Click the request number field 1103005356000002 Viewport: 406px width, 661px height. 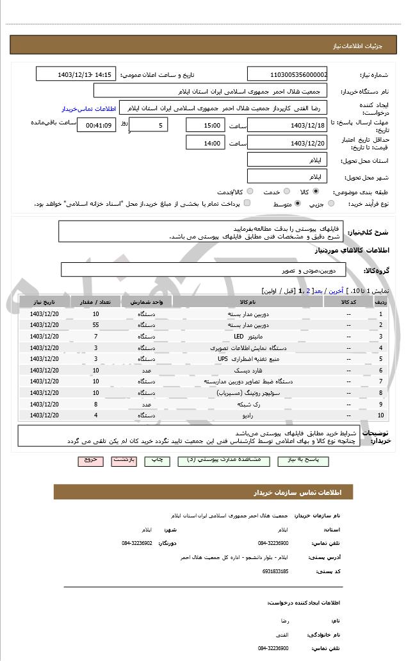[x=287, y=74]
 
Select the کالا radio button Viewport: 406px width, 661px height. [x=315, y=191]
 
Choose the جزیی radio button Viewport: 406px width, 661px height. [x=330, y=204]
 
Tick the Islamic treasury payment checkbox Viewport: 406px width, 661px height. [x=247, y=204]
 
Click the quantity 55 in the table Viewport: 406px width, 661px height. [x=95, y=325]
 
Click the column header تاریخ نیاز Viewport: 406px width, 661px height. [x=45, y=301]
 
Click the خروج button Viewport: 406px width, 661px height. [x=90, y=460]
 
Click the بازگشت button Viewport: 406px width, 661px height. [x=124, y=460]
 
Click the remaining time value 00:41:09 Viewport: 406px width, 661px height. [x=96, y=125]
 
